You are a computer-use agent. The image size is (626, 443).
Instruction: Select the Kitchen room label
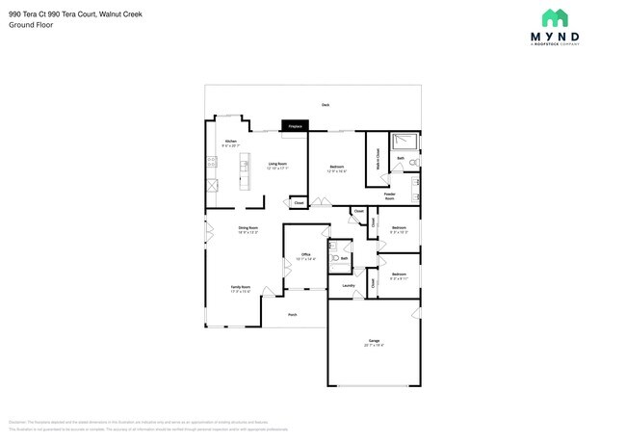tap(231, 143)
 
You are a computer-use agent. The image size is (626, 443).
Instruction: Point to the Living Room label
tap(276, 166)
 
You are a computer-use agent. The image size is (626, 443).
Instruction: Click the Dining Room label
tap(248, 229)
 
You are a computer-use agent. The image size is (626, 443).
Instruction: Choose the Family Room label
tap(240, 288)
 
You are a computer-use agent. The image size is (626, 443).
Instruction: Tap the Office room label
tap(305, 255)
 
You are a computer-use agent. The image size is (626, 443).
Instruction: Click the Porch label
tap(292, 314)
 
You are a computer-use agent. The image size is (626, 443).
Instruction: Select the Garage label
tap(374, 342)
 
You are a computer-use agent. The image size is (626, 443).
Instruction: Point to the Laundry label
tap(349, 285)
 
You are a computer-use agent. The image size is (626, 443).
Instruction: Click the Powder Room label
tap(390, 195)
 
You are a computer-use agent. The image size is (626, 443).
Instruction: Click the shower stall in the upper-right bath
tap(407, 142)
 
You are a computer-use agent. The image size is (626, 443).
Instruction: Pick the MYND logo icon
tap(554, 17)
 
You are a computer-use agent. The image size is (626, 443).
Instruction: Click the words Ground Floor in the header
tap(31, 25)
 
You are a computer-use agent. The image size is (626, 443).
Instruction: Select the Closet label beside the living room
tap(299, 203)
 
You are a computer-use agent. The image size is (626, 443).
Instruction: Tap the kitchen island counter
tap(245, 174)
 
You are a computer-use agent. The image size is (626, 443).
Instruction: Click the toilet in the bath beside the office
tap(336, 258)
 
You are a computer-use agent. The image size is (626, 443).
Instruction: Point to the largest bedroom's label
tap(337, 169)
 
